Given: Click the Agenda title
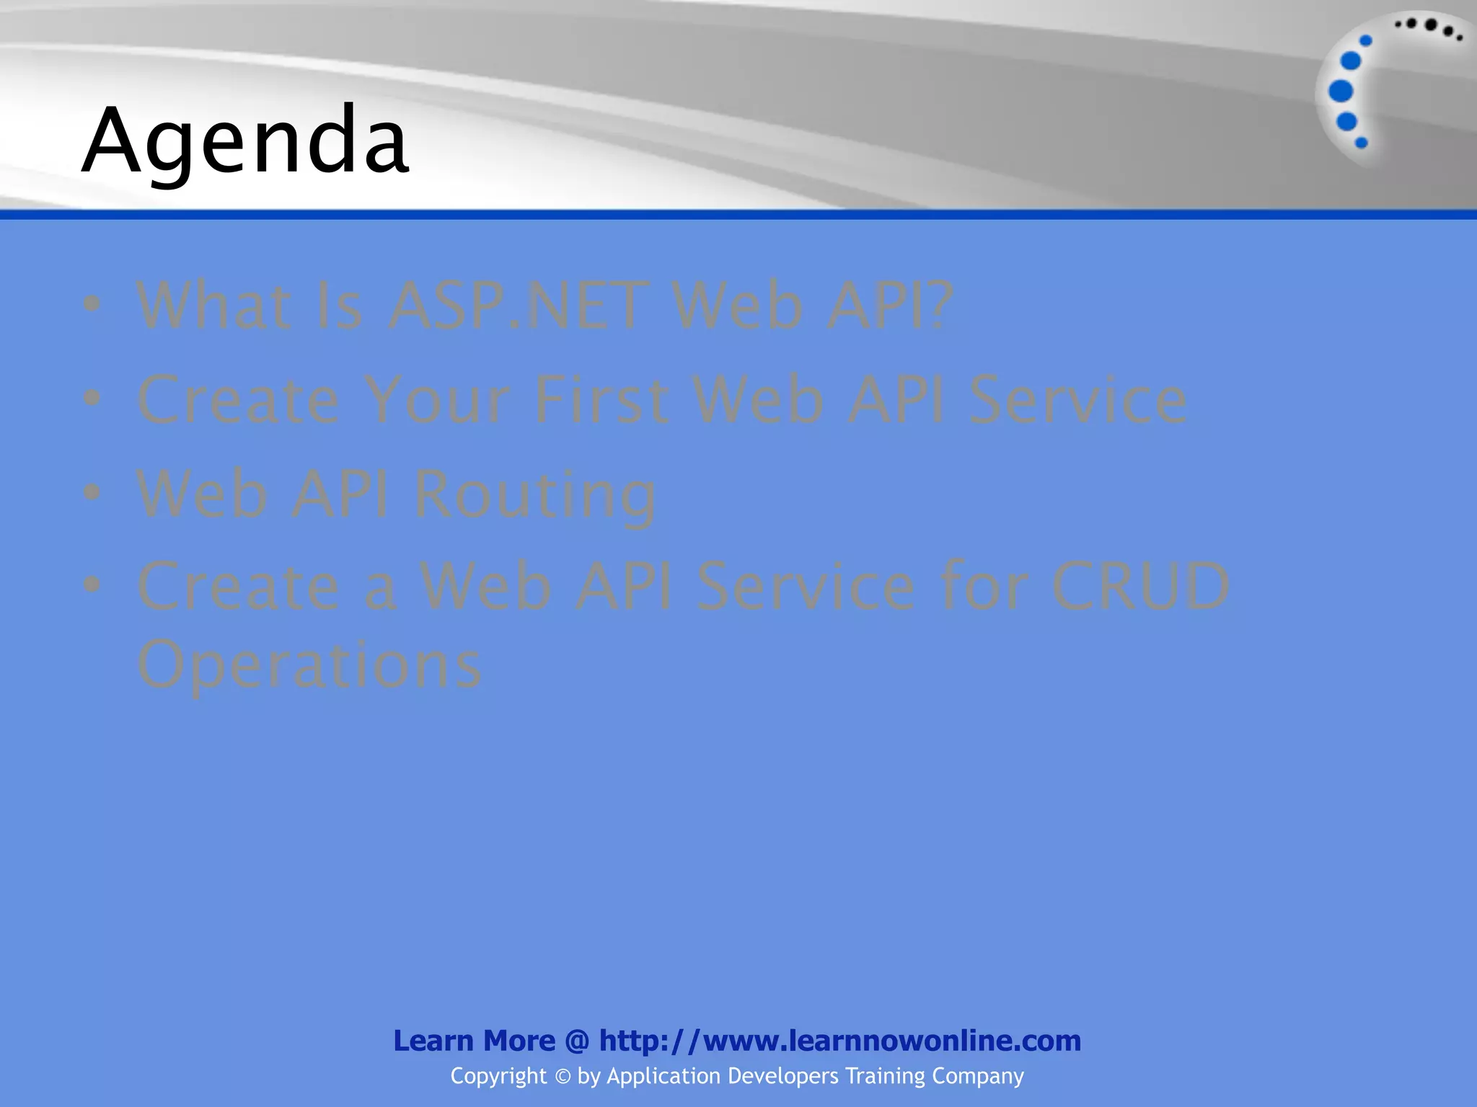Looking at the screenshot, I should click(245, 141).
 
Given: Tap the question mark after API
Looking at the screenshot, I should click(935, 306).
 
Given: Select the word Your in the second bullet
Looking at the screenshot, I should click(436, 400).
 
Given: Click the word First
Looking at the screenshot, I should click(600, 400).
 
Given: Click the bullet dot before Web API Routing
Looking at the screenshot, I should click(92, 492).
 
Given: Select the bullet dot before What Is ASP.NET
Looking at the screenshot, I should click(92, 303).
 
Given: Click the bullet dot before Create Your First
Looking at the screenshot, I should click(92, 398).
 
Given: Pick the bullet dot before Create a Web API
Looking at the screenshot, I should click(92, 584).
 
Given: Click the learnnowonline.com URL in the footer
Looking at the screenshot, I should click(840, 1041).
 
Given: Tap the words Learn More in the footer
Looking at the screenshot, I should click(474, 1041).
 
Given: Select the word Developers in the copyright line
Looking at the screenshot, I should click(783, 1076).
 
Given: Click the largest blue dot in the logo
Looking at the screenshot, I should click(1341, 92).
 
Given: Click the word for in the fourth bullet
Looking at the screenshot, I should click(982, 586).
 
